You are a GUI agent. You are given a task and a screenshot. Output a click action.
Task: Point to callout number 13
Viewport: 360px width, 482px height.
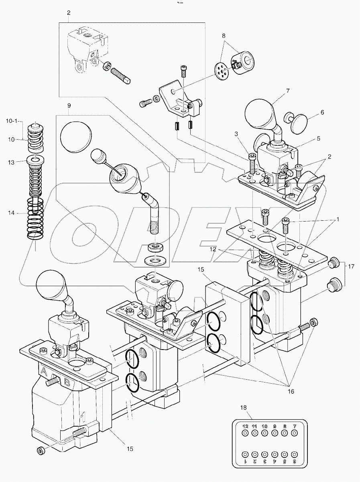[x=11, y=163]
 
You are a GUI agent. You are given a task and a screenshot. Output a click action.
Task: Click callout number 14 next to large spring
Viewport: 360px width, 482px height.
[x=11, y=213]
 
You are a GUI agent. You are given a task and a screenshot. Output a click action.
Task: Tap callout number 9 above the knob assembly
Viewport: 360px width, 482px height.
[x=69, y=106]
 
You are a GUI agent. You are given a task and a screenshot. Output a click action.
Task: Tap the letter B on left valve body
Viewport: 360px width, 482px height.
[x=67, y=382]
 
